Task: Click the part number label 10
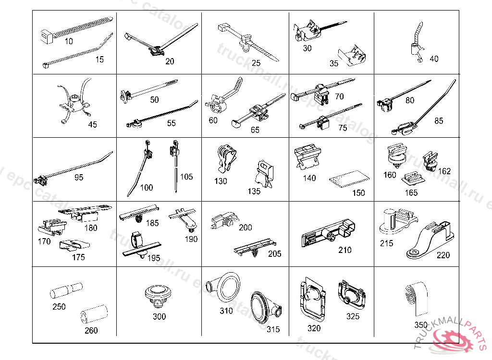click(69, 41)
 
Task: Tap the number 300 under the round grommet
click(159, 316)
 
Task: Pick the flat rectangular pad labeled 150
click(348, 179)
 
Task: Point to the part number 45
click(92, 124)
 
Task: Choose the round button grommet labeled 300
click(159, 293)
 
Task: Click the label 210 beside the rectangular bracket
click(344, 250)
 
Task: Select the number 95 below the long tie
click(79, 177)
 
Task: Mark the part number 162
click(444, 171)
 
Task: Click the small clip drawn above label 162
click(430, 161)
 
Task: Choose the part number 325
click(353, 316)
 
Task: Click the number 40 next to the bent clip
click(434, 59)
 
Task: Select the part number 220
click(443, 255)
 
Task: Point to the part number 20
click(170, 61)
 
